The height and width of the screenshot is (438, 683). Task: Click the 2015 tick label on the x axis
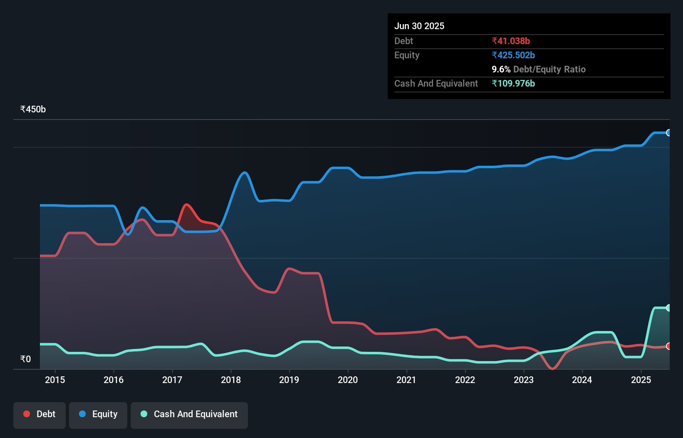tap(55, 380)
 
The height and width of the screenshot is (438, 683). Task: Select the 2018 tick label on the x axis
tap(231, 380)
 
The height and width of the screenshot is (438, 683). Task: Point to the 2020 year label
tap(348, 380)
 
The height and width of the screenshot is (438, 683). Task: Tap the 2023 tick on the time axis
tap(524, 380)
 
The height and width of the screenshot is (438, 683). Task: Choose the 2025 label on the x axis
tap(641, 380)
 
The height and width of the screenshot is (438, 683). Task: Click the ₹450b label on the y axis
tap(33, 109)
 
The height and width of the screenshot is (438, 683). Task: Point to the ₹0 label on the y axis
tap(25, 359)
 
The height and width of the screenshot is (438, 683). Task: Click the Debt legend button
tap(40, 414)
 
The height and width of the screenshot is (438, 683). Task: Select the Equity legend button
tap(98, 414)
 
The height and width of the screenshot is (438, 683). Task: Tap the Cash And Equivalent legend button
tap(189, 414)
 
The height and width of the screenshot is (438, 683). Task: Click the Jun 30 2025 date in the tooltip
tap(419, 26)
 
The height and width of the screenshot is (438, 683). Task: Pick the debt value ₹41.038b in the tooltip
tap(511, 41)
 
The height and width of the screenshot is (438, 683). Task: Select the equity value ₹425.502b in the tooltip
tap(513, 55)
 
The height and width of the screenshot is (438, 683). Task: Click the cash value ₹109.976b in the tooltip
tap(513, 83)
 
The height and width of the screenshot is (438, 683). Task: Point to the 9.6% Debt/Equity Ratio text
tap(539, 69)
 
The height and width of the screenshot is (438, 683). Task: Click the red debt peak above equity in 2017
tap(186, 205)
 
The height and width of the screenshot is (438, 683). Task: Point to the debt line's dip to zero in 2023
tap(552, 368)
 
